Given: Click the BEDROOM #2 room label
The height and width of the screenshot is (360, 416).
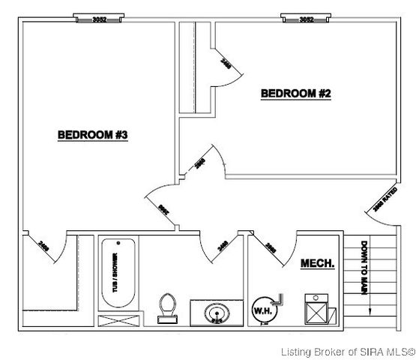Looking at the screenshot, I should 295,94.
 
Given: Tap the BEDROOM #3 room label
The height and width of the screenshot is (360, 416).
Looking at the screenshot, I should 94,135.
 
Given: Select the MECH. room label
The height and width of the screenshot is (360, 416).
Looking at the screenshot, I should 317,263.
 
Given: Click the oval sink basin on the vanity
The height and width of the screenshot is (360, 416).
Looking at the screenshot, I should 217,310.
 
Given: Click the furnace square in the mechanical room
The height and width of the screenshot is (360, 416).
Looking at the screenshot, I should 319,310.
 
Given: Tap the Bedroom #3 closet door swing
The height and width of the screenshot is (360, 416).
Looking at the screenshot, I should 46,248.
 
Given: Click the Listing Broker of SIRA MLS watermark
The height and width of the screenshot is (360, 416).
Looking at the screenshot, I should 347,351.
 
